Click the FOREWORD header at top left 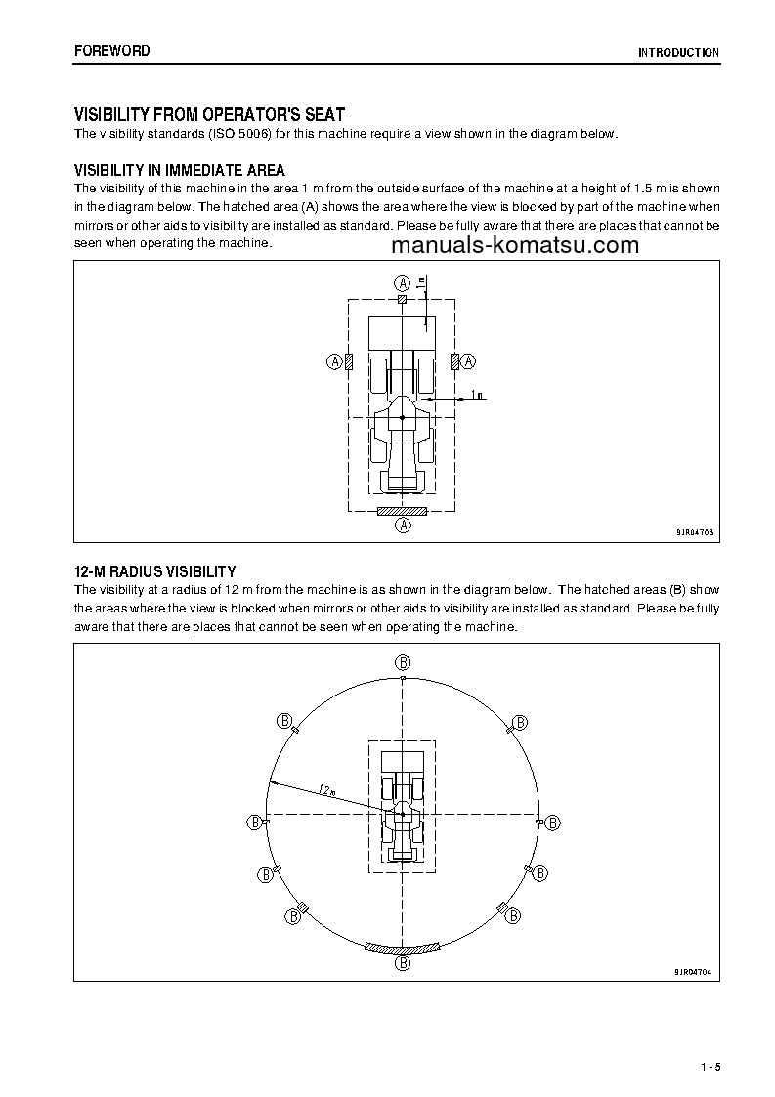pyautogui.click(x=112, y=51)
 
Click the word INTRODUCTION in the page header pyautogui.click(x=678, y=53)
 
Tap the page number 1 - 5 pyautogui.click(x=710, y=1066)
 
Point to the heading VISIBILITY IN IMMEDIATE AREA pyautogui.click(x=180, y=171)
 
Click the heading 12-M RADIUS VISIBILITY pyautogui.click(x=155, y=571)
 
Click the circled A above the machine pyautogui.click(x=402, y=282)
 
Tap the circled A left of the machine pyautogui.click(x=334, y=361)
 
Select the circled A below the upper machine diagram pyautogui.click(x=402, y=526)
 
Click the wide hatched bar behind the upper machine pyautogui.click(x=402, y=510)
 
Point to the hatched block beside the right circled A pyautogui.click(x=454, y=361)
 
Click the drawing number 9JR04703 pyautogui.click(x=694, y=533)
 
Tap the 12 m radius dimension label pyautogui.click(x=326, y=789)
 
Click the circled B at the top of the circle pyautogui.click(x=402, y=661)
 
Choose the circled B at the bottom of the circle pyautogui.click(x=402, y=963)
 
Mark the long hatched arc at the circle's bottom pyautogui.click(x=402, y=948)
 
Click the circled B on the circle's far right pyautogui.click(x=553, y=823)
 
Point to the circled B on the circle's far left pyautogui.click(x=253, y=823)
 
